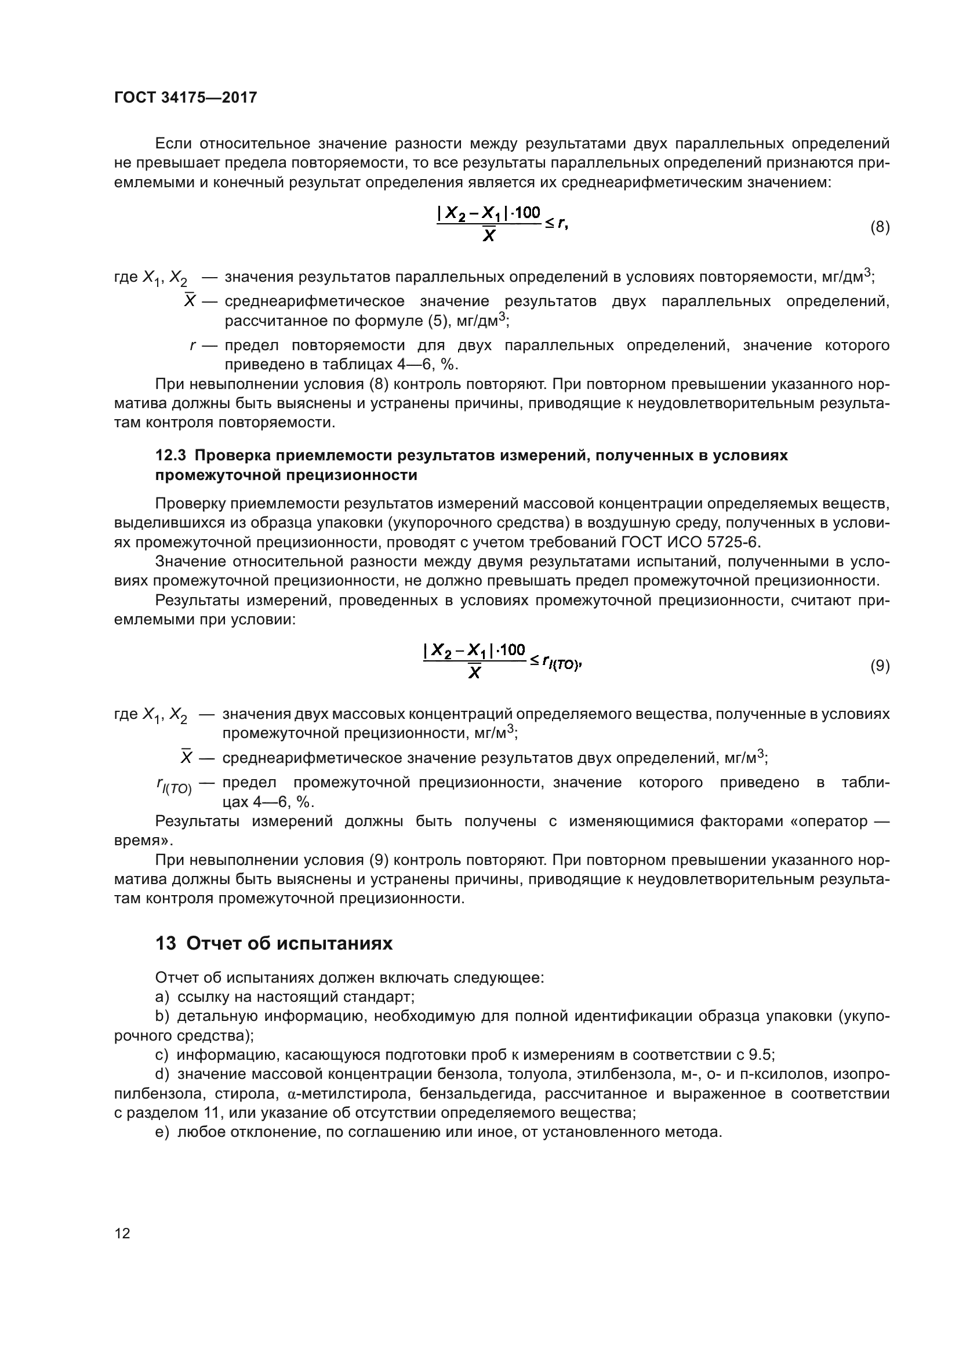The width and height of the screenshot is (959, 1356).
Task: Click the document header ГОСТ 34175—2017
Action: pos(186,97)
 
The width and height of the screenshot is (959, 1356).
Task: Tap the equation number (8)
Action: pos(880,227)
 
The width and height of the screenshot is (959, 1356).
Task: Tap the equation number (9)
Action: pos(880,666)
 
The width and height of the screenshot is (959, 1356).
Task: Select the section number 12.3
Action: pos(171,455)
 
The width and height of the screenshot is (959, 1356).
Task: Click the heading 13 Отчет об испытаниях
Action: pos(274,944)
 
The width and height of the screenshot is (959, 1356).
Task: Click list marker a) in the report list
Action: pos(162,997)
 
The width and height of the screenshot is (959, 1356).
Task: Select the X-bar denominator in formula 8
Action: pos(488,236)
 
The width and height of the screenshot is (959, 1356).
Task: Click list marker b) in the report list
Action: pos(162,1016)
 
